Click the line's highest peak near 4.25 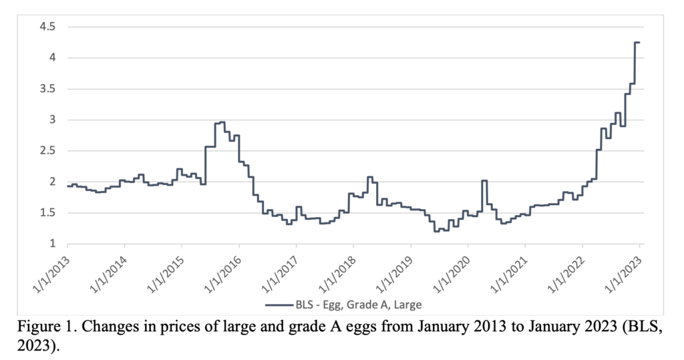[x=637, y=43]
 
